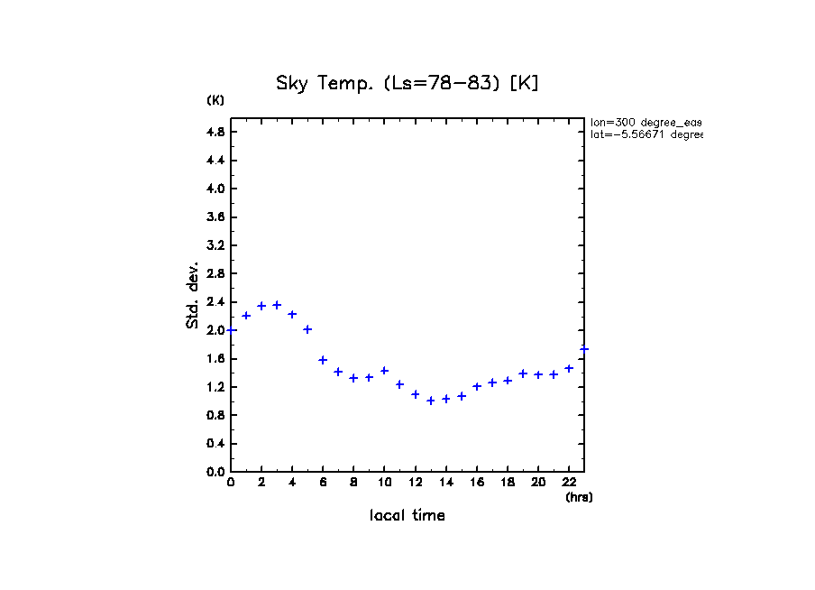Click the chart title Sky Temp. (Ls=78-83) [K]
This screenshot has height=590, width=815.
pyautogui.click(x=407, y=84)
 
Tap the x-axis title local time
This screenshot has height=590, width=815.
pyautogui.click(x=407, y=516)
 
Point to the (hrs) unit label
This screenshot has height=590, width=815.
pyautogui.click(x=579, y=497)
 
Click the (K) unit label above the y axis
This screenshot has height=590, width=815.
pyautogui.click(x=215, y=100)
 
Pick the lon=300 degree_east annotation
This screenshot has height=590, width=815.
pyautogui.click(x=646, y=122)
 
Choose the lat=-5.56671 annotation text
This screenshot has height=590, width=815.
pyautogui.click(x=646, y=134)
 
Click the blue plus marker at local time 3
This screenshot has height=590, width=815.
pyautogui.click(x=277, y=305)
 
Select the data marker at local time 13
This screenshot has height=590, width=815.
pyautogui.click(x=431, y=401)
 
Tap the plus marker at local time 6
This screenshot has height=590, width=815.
pyautogui.click(x=323, y=360)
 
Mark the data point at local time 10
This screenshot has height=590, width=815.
pyautogui.click(x=384, y=371)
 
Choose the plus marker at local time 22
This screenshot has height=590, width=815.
pyautogui.click(x=569, y=368)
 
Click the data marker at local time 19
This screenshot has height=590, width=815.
pyautogui.click(x=523, y=373)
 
